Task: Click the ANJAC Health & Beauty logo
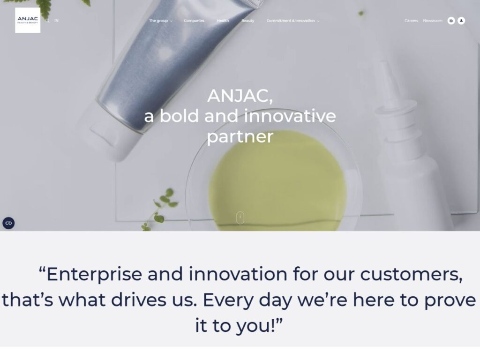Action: (28, 20)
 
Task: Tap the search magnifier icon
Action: (47, 21)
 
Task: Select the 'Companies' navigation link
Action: (194, 21)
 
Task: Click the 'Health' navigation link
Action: (223, 21)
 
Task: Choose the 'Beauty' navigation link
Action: (247, 21)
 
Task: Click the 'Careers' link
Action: (411, 21)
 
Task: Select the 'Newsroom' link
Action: (433, 21)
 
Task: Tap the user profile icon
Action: (461, 21)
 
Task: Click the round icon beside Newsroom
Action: (451, 21)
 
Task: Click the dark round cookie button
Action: (8, 223)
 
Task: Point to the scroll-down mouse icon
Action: (240, 217)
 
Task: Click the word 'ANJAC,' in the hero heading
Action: (240, 96)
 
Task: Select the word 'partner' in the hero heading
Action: (240, 136)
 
